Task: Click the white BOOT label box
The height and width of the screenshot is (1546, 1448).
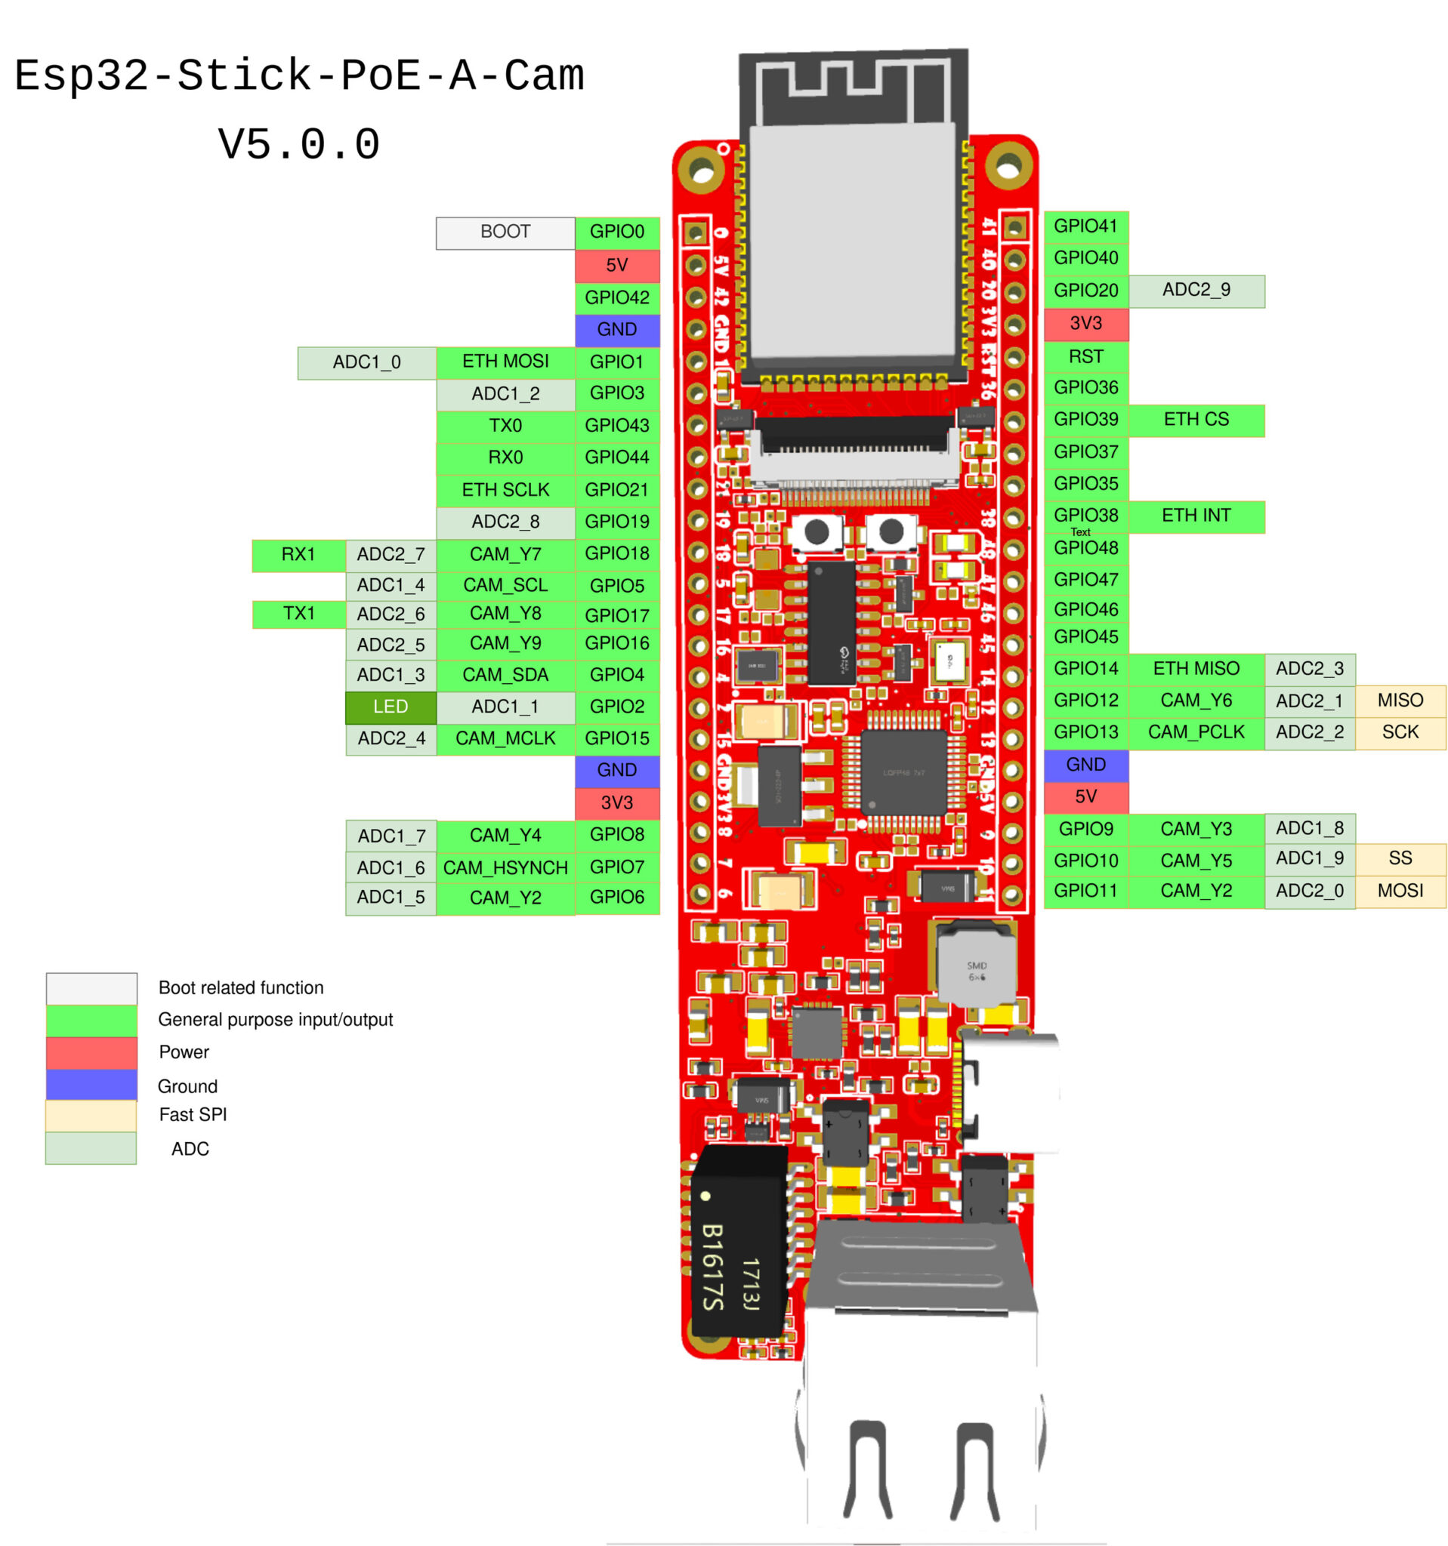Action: click(505, 233)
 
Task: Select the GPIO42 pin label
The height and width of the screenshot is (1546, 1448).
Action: click(617, 298)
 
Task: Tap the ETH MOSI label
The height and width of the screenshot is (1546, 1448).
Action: click(505, 362)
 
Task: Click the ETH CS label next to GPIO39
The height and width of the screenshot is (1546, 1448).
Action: click(1196, 420)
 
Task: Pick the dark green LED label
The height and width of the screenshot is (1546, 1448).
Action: click(390, 707)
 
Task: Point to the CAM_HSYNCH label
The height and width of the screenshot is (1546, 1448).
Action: click(505, 868)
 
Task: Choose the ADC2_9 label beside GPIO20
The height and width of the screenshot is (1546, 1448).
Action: click(1196, 291)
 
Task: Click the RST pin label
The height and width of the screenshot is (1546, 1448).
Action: click(1085, 357)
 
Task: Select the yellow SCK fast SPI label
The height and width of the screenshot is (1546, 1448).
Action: click(1400, 732)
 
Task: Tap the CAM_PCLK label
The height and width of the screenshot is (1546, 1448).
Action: click(1196, 732)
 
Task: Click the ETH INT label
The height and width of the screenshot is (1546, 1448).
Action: click(1196, 516)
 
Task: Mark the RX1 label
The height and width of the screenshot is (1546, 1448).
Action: click(298, 555)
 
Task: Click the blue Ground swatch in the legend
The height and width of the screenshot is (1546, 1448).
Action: click(91, 1085)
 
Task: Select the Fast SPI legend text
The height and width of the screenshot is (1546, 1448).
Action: click(193, 1115)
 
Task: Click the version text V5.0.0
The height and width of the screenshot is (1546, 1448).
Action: click(299, 145)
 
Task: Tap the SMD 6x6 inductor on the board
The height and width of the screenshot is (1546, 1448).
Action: click(976, 971)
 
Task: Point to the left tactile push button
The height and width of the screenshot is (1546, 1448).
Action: click(817, 532)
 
